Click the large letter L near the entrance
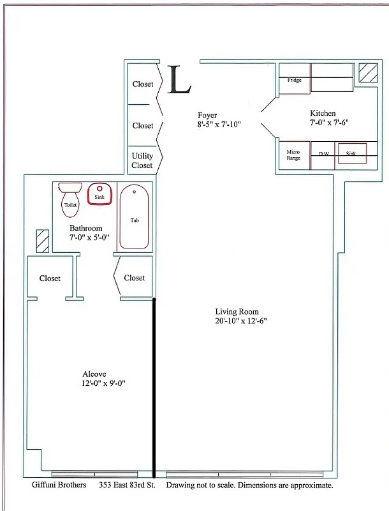coord(179,80)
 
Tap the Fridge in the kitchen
coord(294,80)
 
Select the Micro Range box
coord(293,154)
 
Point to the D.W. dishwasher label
coord(323,154)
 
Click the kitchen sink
coord(351,154)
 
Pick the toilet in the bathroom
coord(70,200)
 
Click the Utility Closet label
coord(142,160)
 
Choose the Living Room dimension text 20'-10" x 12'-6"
coord(240,321)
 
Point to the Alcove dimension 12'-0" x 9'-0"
coord(99,384)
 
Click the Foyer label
coord(208,115)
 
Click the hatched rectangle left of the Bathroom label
coord(42,241)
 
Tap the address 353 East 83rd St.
coord(128,485)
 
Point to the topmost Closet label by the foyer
coord(143,84)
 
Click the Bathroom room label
coord(85,228)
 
